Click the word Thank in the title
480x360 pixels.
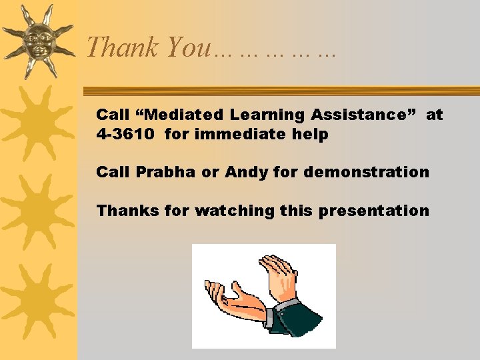click(x=123, y=47)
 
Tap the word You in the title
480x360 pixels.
click(x=187, y=47)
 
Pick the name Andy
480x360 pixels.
click(x=245, y=172)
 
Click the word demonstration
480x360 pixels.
click(x=366, y=172)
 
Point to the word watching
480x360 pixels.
click(x=234, y=211)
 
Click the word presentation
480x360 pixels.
click(x=374, y=211)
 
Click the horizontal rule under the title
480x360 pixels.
click(x=280, y=91)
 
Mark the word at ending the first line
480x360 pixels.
click(x=434, y=115)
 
